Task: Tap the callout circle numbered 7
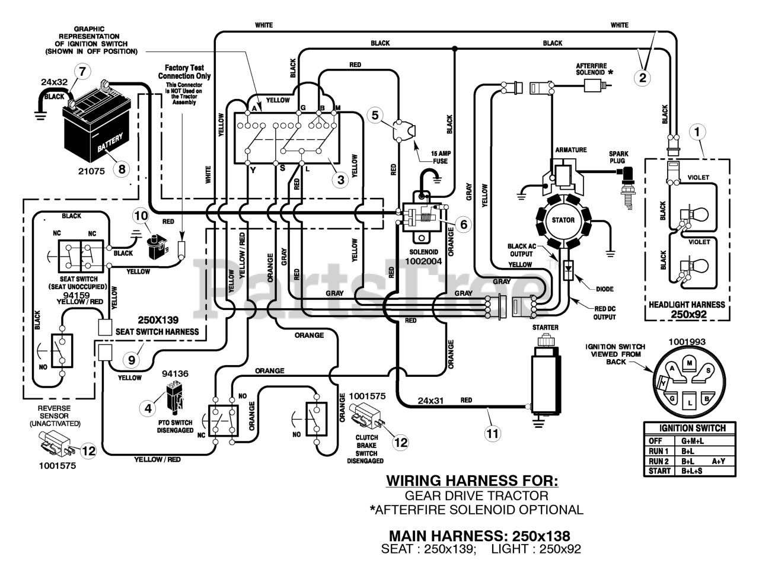(x=82, y=72)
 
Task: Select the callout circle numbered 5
(x=374, y=114)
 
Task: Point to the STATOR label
(x=563, y=220)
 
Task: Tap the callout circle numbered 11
(x=492, y=433)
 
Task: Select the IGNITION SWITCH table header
(x=693, y=428)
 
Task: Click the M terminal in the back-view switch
(x=688, y=362)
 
